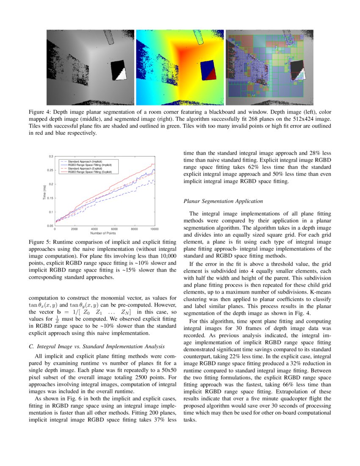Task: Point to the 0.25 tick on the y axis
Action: tap(50, 170)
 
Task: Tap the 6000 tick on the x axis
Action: tap(114, 229)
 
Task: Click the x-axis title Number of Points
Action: tap(103, 233)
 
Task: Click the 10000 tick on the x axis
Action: tap(154, 229)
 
